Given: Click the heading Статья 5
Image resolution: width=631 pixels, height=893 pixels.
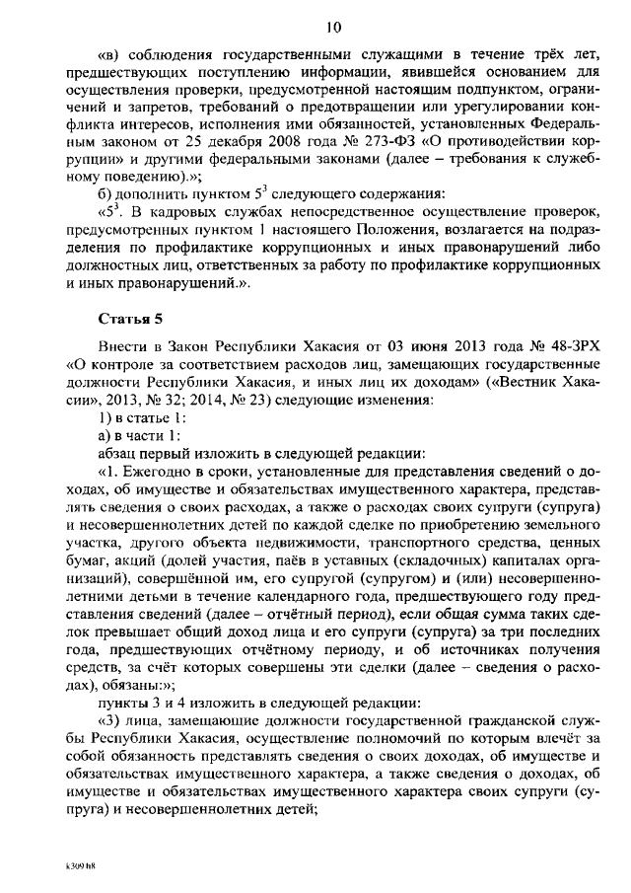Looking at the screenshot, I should point(133,319).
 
